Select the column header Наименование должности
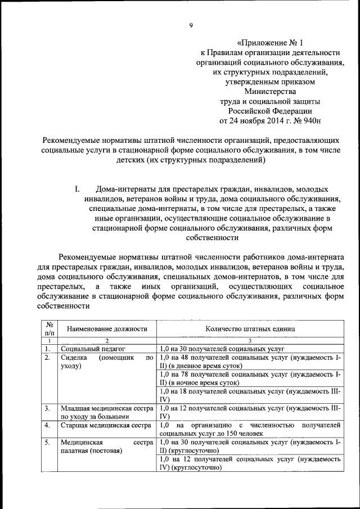106,328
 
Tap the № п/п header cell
49,328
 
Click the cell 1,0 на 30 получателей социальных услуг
223,349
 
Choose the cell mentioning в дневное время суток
250,361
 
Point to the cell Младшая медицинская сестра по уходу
106,412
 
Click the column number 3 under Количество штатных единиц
250,340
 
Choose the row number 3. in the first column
48,408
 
